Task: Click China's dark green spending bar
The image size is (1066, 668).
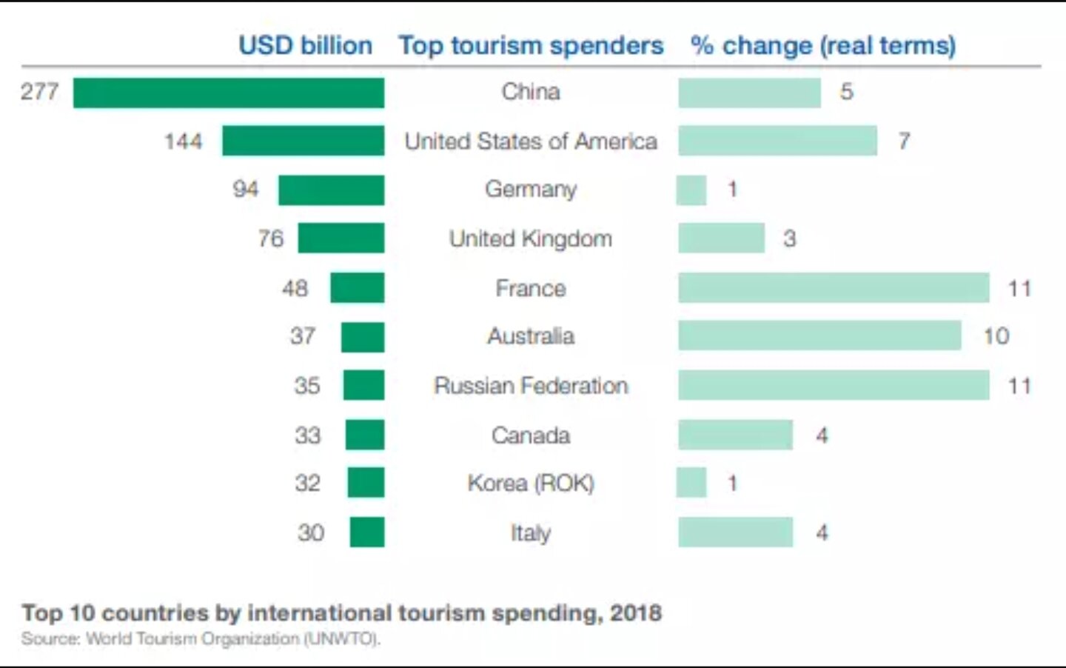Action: (x=229, y=93)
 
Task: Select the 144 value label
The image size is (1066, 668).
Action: (x=183, y=141)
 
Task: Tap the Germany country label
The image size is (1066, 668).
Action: (x=531, y=190)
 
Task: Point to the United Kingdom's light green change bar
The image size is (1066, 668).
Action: (x=721, y=238)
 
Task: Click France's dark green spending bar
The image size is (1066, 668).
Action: (x=357, y=288)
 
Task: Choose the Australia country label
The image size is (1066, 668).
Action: (x=531, y=336)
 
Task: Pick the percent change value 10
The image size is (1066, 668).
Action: (x=996, y=336)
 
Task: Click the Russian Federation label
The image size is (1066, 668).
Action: (x=531, y=386)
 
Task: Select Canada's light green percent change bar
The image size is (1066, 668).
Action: (x=735, y=435)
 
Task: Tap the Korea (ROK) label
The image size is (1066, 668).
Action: (x=531, y=484)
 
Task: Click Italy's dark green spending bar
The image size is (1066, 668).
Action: (x=367, y=532)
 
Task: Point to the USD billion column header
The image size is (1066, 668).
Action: (x=305, y=46)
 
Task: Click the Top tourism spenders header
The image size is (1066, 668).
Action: (x=531, y=46)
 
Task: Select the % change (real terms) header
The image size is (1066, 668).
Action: (x=823, y=46)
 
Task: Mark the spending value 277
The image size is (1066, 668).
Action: (x=40, y=92)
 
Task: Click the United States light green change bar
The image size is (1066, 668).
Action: (x=777, y=141)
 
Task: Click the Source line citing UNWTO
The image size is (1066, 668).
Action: (x=201, y=638)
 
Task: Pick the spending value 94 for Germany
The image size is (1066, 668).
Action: (x=246, y=189)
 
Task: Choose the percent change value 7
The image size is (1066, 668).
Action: (x=904, y=141)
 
